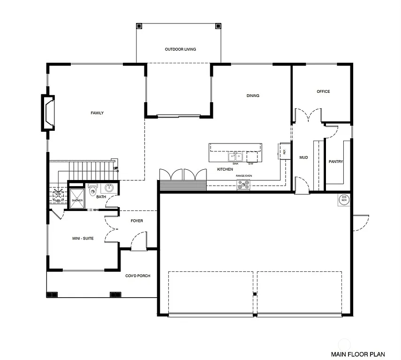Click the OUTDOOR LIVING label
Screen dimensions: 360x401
coord(180,49)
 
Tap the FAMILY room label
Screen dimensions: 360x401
coord(97,113)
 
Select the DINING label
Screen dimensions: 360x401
coord(253,96)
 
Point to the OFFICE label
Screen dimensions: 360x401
coord(323,91)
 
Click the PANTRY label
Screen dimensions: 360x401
coord(335,162)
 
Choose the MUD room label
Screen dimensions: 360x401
coord(303,157)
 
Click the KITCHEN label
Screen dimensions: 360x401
coord(225,169)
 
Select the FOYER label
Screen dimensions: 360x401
coord(137,221)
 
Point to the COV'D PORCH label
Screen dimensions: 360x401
coord(137,276)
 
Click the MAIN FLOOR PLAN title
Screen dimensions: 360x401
coord(358,354)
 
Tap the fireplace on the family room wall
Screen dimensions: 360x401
coord(48,112)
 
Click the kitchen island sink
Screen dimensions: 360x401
coord(235,157)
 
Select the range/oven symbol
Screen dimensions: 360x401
coord(243,185)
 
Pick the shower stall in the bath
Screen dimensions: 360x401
coord(77,196)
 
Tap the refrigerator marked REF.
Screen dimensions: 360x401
coord(284,151)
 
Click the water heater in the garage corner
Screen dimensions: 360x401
coord(344,199)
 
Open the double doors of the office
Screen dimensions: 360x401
coord(308,116)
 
